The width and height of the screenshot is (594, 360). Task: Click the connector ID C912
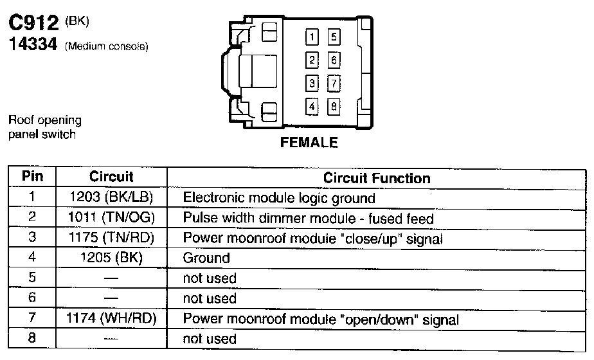point(35,24)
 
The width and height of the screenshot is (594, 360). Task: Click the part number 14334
point(33,46)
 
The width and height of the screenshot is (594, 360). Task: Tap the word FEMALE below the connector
point(309,143)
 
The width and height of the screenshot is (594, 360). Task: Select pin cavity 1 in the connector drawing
point(312,37)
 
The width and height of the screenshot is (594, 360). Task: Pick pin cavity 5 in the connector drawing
point(334,37)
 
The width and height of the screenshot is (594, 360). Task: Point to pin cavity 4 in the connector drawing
point(312,107)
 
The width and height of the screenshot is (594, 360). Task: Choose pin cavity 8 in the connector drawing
point(334,107)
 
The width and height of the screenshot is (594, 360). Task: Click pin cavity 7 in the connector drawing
point(334,84)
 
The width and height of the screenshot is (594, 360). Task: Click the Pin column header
point(32,176)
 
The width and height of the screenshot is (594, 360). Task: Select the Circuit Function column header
point(377,177)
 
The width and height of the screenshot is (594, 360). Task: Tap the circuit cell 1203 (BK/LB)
point(111,197)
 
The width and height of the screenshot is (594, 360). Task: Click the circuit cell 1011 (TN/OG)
point(111,218)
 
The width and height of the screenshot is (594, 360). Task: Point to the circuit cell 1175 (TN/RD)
point(111,238)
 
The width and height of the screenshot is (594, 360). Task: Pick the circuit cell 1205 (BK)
point(111,258)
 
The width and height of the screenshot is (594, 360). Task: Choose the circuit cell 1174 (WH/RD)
point(111,319)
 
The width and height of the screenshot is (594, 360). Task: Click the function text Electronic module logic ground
point(279,198)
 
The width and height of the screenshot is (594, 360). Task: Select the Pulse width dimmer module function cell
point(309,219)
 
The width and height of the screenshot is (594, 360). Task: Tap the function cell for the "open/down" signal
point(321,319)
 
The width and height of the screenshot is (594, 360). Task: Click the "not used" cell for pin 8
point(210,339)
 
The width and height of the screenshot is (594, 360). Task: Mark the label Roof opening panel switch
point(44,127)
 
